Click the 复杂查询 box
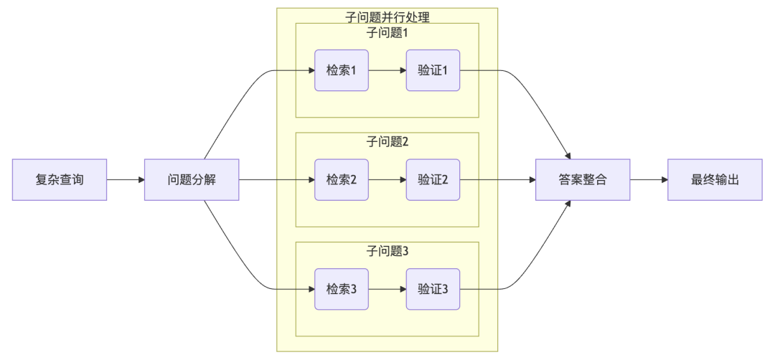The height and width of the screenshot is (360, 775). click(60, 179)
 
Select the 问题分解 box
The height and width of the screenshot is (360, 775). click(191, 179)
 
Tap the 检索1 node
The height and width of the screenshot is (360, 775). click(342, 70)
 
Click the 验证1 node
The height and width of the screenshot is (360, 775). click(433, 70)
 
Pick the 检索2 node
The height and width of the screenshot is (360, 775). click(342, 179)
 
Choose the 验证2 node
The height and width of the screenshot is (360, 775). click(433, 179)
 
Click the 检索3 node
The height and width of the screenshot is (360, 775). click(342, 289)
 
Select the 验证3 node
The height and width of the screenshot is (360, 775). click(433, 289)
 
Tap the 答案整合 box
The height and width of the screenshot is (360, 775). click(583, 179)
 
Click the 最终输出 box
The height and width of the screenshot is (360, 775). click(715, 179)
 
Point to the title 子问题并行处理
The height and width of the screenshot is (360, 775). click(387, 16)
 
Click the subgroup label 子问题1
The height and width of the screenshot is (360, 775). click(387, 32)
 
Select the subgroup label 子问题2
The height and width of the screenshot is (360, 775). click(387, 141)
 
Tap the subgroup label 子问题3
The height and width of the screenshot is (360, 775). click(387, 251)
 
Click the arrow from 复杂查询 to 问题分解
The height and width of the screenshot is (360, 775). click(126, 179)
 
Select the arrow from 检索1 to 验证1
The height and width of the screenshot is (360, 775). click(387, 70)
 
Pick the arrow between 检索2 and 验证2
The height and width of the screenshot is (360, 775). click(387, 179)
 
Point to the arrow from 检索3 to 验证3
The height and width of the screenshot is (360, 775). click(387, 289)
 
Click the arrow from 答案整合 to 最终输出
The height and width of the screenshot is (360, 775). click(649, 179)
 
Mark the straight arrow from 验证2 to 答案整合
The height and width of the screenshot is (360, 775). click(498, 179)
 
